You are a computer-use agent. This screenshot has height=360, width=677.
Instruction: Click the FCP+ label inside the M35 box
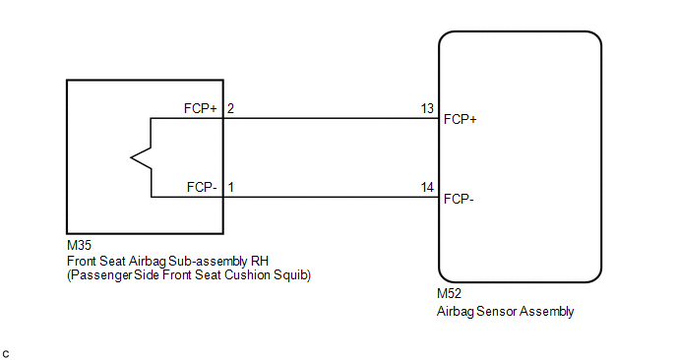tap(201, 108)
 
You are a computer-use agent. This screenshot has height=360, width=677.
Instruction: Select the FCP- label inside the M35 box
tap(202, 187)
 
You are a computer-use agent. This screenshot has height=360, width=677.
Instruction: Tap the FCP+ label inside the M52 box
tap(461, 120)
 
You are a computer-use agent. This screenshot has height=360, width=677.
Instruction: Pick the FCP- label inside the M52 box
tap(459, 199)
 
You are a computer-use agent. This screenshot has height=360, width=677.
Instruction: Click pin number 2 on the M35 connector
tap(230, 108)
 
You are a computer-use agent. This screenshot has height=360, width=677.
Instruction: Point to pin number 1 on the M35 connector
tap(231, 187)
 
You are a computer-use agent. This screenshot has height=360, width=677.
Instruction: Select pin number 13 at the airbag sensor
tap(427, 108)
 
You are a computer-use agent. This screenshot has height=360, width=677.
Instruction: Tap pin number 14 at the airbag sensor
tap(427, 187)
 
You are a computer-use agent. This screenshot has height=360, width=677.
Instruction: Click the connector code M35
tap(79, 245)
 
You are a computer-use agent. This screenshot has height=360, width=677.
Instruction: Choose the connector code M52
tap(449, 293)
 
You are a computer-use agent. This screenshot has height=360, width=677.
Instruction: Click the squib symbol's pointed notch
tap(131, 157)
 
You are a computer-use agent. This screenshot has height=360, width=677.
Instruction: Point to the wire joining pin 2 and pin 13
tap(332, 118)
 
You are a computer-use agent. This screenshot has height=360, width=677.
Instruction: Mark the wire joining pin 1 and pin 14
tap(332, 198)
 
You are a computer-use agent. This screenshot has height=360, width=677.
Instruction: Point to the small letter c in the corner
tap(6, 354)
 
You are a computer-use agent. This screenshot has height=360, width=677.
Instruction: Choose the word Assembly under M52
tap(546, 312)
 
